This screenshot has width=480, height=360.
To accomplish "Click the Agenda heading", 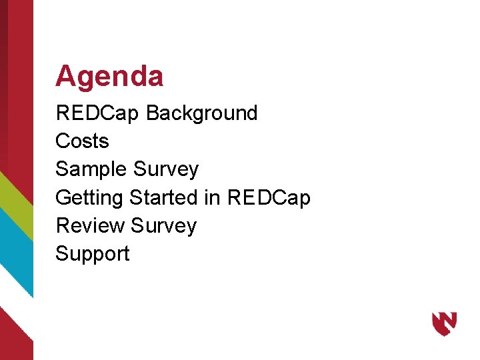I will [x=109, y=77].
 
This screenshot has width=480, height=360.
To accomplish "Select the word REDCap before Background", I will [x=97, y=113].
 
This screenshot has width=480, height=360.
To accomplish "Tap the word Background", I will [x=201, y=113].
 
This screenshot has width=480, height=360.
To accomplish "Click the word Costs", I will [x=82, y=141].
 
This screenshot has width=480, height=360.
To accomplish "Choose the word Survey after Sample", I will [x=166, y=170].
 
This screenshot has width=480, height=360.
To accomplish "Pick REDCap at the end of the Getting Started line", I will [x=269, y=198].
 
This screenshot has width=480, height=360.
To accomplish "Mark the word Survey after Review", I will [x=164, y=226].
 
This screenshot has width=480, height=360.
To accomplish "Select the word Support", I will [x=93, y=254].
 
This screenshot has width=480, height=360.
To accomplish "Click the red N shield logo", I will [x=444, y=323].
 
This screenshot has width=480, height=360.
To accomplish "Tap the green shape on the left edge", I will [x=15, y=200].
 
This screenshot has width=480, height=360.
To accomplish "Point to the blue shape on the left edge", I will [x=15, y=253].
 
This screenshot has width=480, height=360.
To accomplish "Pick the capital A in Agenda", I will [x=65, y=77].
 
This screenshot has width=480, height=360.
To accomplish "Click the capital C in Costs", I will [x=62, y=141].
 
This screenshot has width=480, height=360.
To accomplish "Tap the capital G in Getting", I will [x=63, y=198].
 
